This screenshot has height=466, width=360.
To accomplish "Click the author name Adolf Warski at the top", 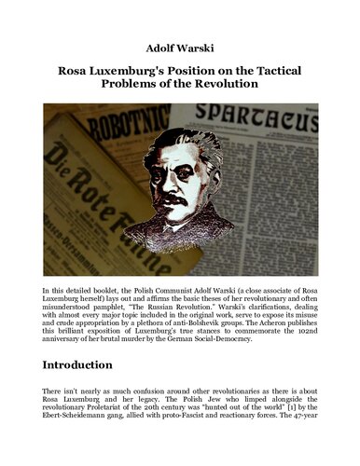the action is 180,47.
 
